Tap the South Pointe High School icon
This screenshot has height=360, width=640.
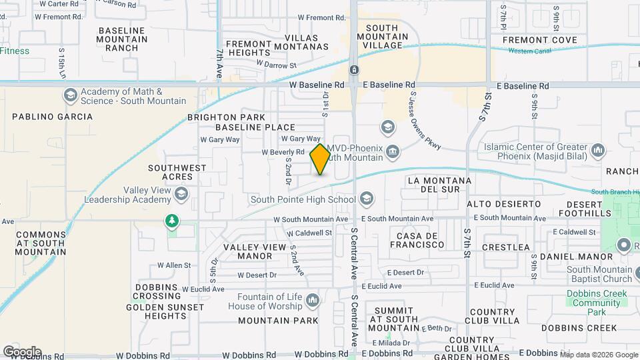(x=365, y=199)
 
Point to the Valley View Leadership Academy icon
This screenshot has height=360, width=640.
(x=181, y=194)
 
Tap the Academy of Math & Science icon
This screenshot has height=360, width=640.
(x=69, y=96)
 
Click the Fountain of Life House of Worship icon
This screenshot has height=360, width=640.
(x=312, y=301)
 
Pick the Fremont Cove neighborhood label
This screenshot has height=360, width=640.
(x=539, y=40)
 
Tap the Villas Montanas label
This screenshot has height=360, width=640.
(x=297, y=41)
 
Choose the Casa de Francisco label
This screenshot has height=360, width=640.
(x=420, y=241)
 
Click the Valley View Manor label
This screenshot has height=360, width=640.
(x=247, y=251)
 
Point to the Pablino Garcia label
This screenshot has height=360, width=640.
(x=53, y=117)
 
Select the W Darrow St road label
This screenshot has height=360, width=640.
(x=276, y=65)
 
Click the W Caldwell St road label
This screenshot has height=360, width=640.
(x=309, y=233)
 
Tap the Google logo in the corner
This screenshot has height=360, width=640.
(x=21, y=351)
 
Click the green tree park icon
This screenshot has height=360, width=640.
(x=173, y=220)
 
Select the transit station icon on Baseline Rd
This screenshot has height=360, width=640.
(x=354, y=70)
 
